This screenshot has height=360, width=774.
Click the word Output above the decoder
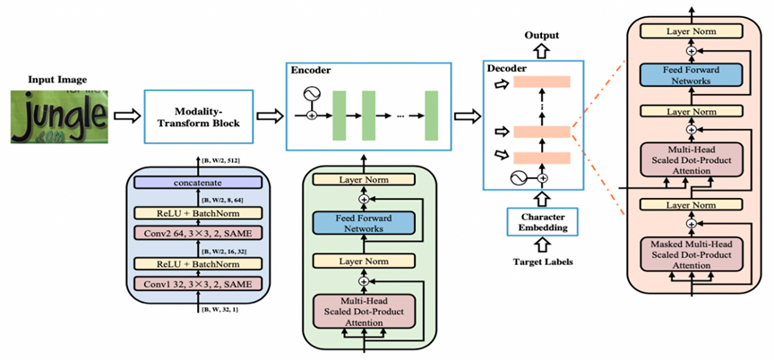point(540,35)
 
